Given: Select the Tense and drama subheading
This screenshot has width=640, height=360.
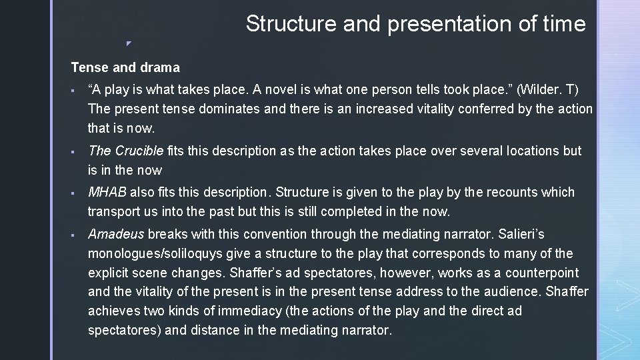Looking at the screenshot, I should point(125,67).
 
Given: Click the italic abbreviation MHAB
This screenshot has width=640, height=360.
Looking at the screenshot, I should point(107,192).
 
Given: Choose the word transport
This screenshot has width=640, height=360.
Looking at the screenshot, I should point(113,212).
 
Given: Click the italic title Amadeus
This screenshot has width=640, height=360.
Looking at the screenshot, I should point(116,234).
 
